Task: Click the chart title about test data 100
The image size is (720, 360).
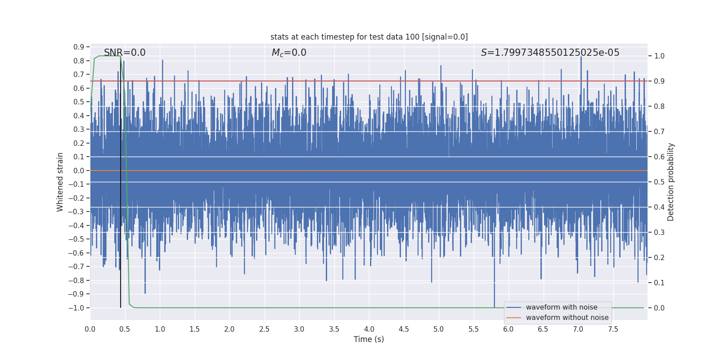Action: pyautogui.click(x=369, y=37)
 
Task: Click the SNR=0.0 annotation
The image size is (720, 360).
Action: pyautogui.click(x=125, y=53)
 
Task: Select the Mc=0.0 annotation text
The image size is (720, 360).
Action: pyautogui.click(x=289, y=53)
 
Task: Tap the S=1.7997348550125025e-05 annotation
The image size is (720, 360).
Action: pyautogui.click(x=550, y=53)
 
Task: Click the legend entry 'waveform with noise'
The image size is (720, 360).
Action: pyautogui.click(x=562, y=307)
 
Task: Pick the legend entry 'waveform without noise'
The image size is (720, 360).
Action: pyautogui.click(x=567, y=318)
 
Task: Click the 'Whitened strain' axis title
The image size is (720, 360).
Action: pyautogui.click(x=60, y=182)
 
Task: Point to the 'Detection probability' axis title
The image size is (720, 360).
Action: pyautogui.click(x=671, y=182)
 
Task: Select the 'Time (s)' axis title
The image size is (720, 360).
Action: pyautogui.click(x=369, y=339)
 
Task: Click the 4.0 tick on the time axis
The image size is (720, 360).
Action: pyautogui.click(x=369, y=329)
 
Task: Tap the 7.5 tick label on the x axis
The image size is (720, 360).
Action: pyautogui.click(x=613, y=329)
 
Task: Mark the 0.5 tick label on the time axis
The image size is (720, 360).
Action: pyautogui.click(x=125, y=329)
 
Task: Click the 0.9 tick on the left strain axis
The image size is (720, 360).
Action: pyautogui.click(x=79, y=47)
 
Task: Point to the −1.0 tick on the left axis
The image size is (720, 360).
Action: pyautogui.click(x=76, y=308)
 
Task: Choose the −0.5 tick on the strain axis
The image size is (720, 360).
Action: pyautogui.click(x=76, y=239)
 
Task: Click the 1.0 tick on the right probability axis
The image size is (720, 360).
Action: pyautogui.click(x=659, y=56)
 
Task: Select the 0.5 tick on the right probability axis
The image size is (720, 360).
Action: pyautogui.click(x=659, y=182)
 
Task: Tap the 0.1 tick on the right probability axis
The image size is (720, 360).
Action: pyautogui.click(x=659, y=283)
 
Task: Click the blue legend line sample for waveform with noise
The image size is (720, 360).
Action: pyautogui.click(x=513, y=307)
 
